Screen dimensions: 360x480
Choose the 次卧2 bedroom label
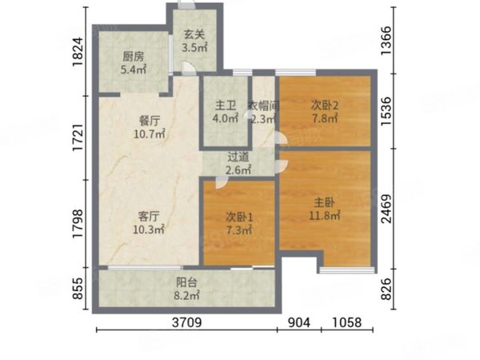point(325,105)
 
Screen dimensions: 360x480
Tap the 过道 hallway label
point(238,157)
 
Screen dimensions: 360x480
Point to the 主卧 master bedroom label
point(326,202)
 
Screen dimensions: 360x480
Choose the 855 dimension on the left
point(78,289)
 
